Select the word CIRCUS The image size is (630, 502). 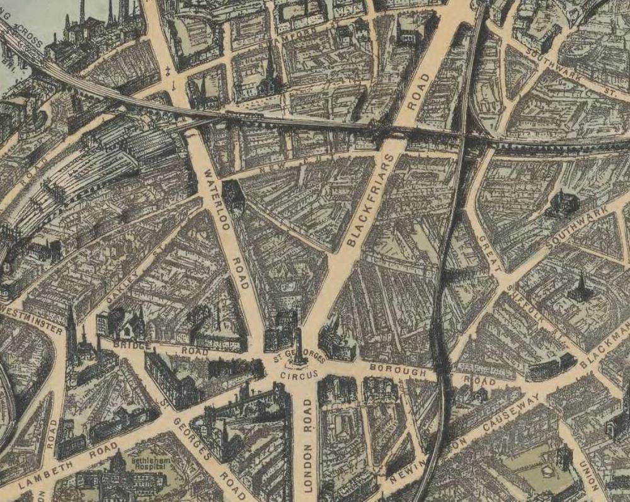[296, 374]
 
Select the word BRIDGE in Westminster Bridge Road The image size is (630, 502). [132, 346]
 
